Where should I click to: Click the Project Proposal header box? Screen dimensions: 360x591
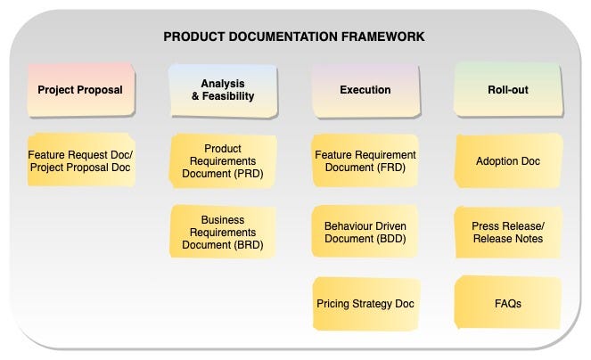[x=80, y=89]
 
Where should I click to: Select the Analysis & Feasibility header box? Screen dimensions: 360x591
[x=223, y=89]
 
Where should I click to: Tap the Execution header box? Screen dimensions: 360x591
[x=365, y=89]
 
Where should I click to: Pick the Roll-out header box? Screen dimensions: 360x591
[x=508, y=89]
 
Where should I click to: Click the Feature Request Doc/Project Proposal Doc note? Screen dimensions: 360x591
[x=80, y=160]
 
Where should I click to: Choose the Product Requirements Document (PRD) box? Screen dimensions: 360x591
[x=223, y=160]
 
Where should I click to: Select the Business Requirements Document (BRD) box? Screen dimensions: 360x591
[x=223, y=232]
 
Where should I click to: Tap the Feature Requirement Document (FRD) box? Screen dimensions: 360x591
[x=365, y=160]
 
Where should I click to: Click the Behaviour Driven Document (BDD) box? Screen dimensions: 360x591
[x=365, y=232]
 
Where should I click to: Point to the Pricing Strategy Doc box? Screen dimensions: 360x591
[x=365, y=303]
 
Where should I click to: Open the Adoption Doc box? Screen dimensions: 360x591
[x=508, y=160]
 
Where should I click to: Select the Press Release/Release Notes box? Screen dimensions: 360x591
[x=508, y=232]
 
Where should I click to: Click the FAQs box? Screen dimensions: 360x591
[x=508, y=303]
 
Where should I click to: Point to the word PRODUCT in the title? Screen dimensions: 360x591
[x=192, y=37]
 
